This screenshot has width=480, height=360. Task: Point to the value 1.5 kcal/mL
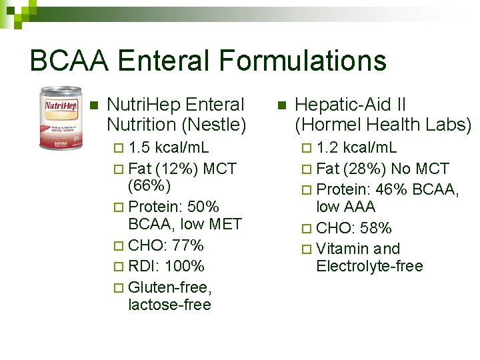pos(168,147)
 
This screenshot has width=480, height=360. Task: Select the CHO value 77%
pos(187,245)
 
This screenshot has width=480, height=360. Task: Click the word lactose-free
pos(169,305)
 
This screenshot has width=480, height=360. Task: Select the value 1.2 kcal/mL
pos(356,147)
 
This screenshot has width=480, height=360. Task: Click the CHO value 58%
pos(375,228)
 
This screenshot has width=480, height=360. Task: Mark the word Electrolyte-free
pos(369,267)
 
